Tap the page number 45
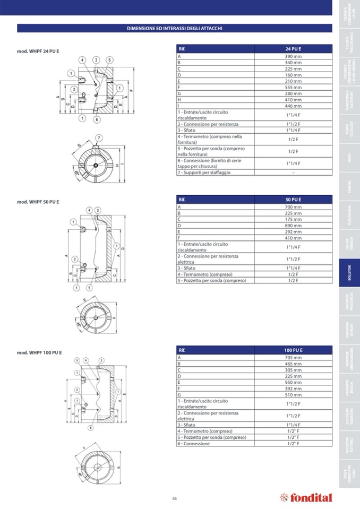[174, 498]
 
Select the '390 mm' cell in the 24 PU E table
[293, 56]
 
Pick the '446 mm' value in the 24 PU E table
[293, 106]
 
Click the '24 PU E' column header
[293, 49]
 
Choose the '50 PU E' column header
[293, 200]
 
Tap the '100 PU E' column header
[293, 350]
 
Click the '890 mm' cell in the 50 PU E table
[293, 225]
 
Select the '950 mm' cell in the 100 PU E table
[293, 382]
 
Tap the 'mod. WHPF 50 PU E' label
[38, 202]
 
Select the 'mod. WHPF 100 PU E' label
[39, 352]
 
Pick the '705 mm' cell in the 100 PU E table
[293, 358]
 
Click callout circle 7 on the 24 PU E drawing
[98, 139]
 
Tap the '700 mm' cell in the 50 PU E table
[293, 207]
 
